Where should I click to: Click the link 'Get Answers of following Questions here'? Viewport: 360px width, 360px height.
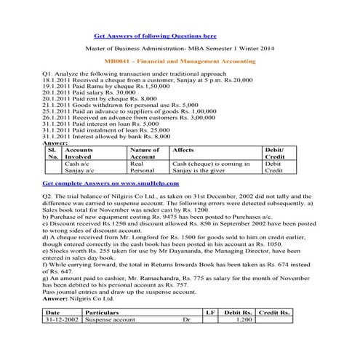point(155,35)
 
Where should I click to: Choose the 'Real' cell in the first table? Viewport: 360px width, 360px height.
point(136,164)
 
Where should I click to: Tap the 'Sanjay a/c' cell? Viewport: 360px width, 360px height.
point(80,172)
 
